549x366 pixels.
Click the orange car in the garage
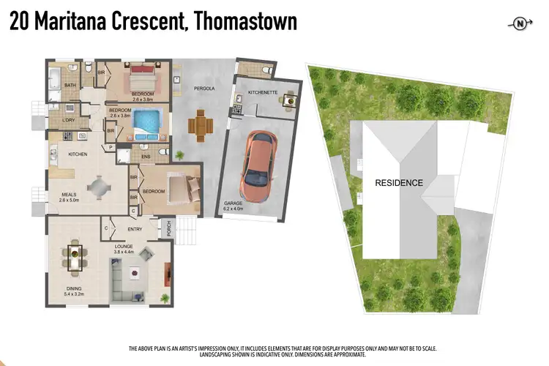point(258,167)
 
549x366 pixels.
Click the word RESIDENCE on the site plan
point(399,182)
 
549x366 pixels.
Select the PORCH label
point(169,228)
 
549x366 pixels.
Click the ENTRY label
point(135,230)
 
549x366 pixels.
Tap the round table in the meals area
point(99,187)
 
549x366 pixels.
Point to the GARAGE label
point(232,204)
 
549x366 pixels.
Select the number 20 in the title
point(20,22)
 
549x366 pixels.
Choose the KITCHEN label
point(78,154)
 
